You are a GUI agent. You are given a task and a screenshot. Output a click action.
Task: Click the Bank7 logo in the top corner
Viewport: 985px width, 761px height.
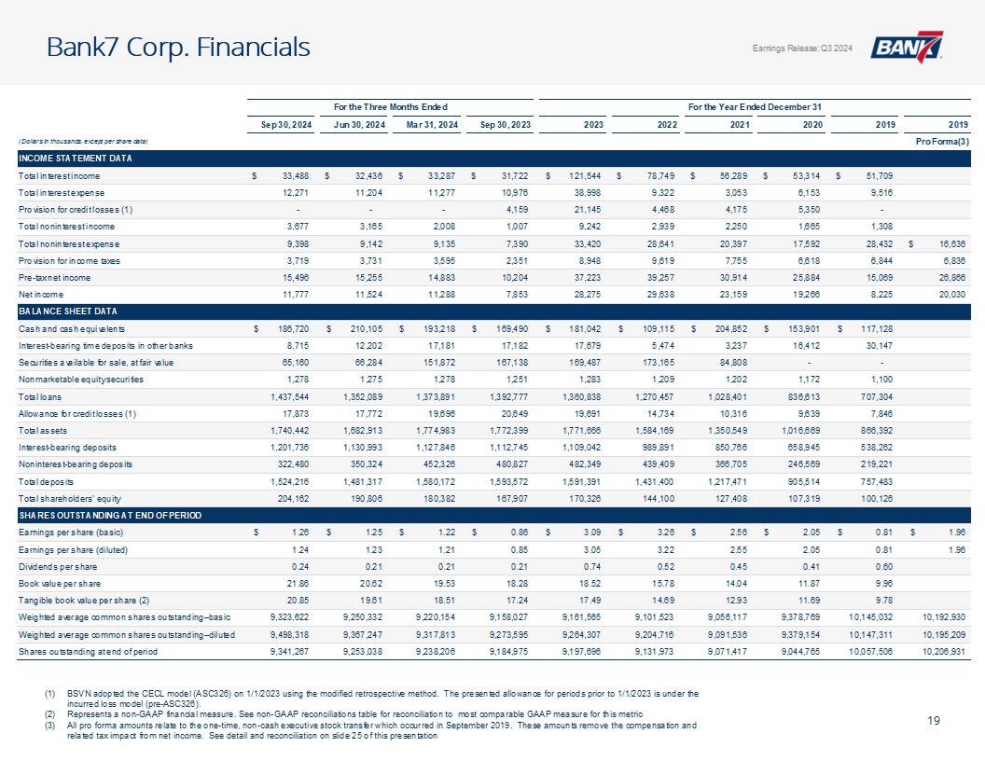pos(907,48)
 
